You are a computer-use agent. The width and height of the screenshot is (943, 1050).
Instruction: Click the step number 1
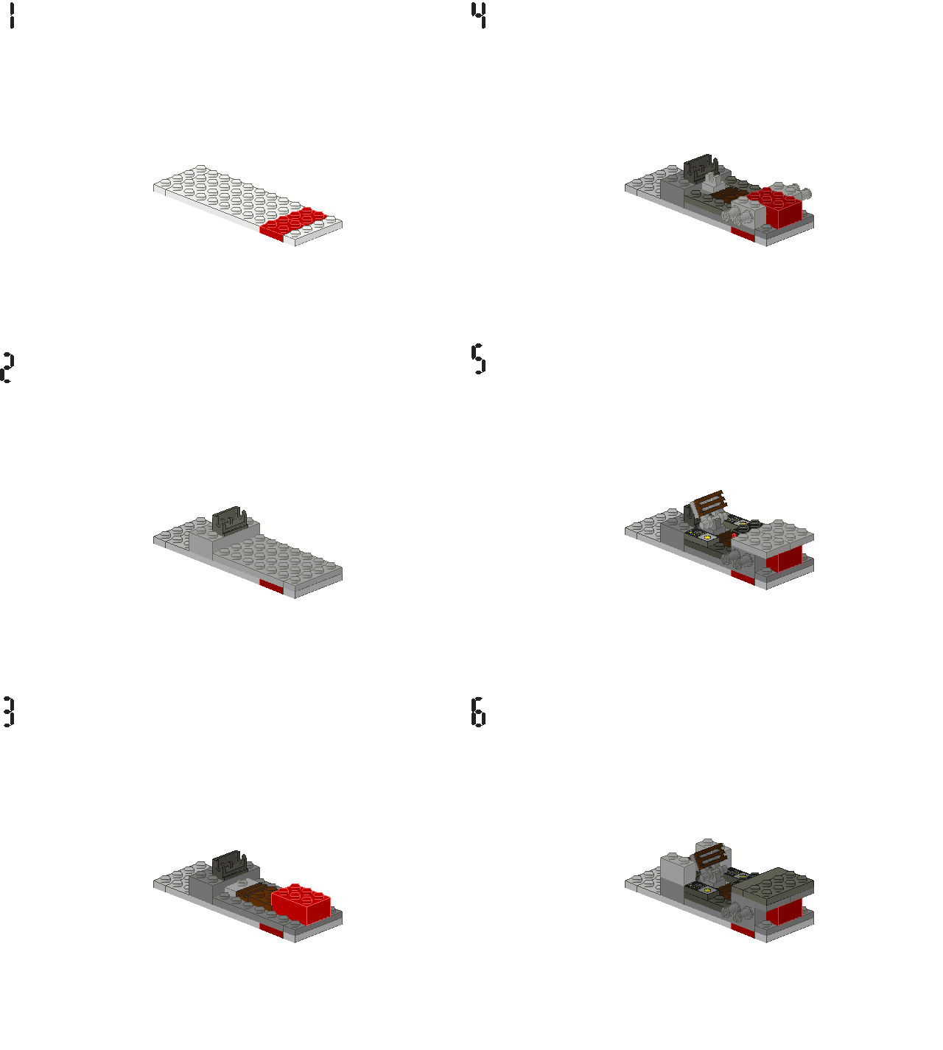(x=11, y=15)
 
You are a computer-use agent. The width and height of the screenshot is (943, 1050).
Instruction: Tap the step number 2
(x=7, y=368)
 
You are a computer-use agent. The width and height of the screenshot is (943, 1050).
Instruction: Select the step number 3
(x=8, y=712)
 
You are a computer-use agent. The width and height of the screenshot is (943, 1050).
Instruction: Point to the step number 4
(x=480, y=15)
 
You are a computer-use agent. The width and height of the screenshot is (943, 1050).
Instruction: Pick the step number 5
(x=479, y=358)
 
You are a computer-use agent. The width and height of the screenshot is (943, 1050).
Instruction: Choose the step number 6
(x=479, y=712)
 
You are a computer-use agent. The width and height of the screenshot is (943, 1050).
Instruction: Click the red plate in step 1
(x=292, y=223)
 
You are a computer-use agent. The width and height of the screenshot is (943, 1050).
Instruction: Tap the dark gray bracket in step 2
(x=230, y=520)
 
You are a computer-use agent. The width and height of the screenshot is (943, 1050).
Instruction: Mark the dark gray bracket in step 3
(x=229, y=864)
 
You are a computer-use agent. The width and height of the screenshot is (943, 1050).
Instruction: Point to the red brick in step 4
(x=776, y=207)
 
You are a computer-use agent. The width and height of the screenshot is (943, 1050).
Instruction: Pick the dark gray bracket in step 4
(x=701, y=167)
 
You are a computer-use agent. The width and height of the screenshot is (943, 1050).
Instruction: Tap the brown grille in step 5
(x=710, y=503)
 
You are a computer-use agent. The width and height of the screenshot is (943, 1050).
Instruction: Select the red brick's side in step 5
(x=785, y=559)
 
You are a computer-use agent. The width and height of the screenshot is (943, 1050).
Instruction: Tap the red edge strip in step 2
(x=272, y=587)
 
